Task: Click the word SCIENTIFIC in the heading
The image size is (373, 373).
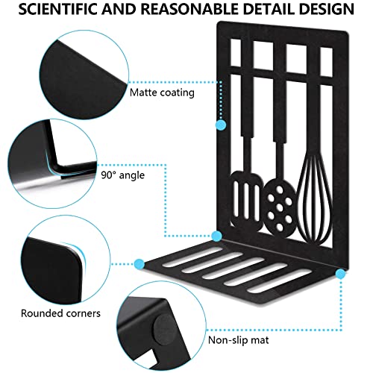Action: click(58, 9)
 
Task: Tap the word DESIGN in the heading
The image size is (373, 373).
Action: click(326, 9)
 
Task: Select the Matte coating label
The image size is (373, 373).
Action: click(162, 93)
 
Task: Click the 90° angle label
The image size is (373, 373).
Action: click(122, 175)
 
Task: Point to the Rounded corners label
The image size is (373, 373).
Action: click(60, 313)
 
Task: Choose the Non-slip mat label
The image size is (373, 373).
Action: click(239, 339)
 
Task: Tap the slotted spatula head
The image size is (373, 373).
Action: click(246, 200)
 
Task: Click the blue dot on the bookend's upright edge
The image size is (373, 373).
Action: click(221, 125)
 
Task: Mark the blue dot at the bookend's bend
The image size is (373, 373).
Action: click(216, 236)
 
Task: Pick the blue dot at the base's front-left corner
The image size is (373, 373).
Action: click(140, 264)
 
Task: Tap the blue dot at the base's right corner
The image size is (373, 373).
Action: click(340, 274)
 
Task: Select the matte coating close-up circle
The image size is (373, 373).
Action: click(84, 75)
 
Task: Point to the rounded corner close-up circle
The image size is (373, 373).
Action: click(66, 260)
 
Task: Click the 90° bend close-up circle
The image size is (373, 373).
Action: click(52, 164)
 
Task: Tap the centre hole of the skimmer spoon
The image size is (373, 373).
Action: click(280, 207)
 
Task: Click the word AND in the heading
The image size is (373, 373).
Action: click(119, 9)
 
